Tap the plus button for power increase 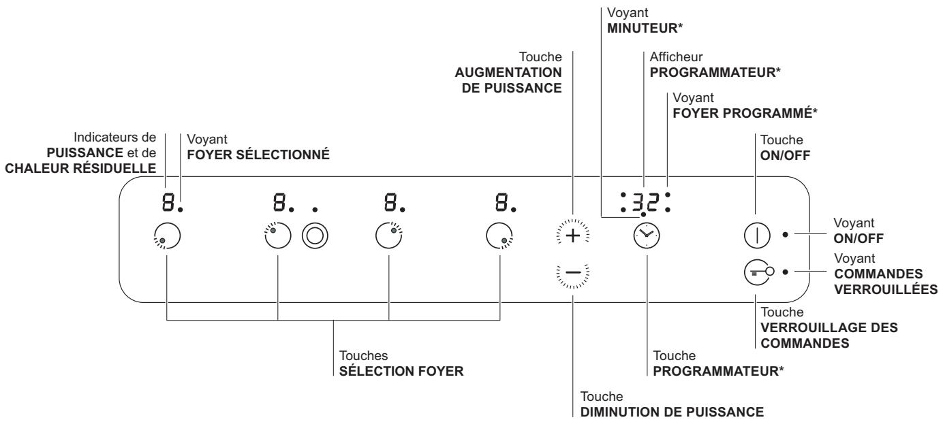point(572,236)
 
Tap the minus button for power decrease point(572,273)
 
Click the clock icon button point(647,236)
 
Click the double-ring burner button point(315,236)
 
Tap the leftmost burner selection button point(167,236)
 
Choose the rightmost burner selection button point(499,236)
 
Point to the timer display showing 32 point(645,202)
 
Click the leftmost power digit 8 point(168,202)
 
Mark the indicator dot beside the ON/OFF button point(785,235)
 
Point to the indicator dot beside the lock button point(785,272)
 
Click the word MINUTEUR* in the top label point(645,28)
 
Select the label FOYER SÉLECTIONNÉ point(258,155)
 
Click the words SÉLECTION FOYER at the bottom point(401,371)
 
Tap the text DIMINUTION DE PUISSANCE point(672,412)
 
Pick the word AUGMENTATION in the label point(508,72)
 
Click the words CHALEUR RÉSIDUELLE point(80,168)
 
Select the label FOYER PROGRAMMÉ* point(745,113)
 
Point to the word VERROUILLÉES point(886,289)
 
